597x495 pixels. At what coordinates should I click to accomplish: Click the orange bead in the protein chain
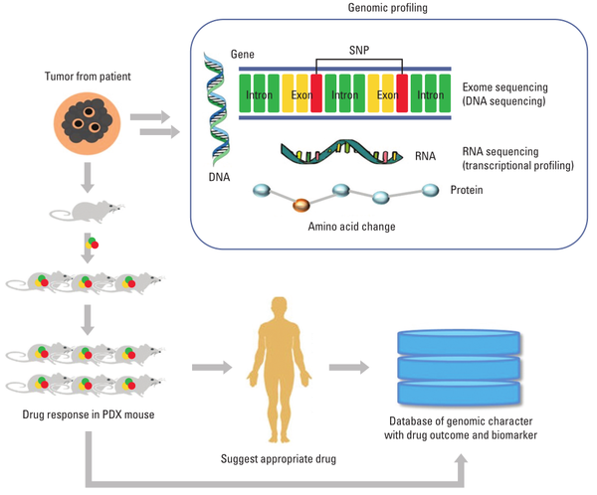coord(301,207)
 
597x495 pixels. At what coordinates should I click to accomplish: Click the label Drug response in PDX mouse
coord(85,412)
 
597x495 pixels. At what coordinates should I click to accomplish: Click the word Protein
coord(469,190)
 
